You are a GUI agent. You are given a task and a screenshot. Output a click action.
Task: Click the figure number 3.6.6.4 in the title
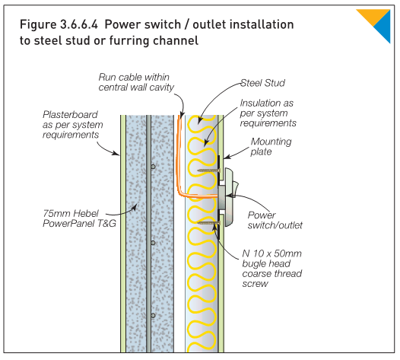click(79, 25)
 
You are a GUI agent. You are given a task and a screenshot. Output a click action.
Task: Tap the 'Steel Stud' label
click(263, 83)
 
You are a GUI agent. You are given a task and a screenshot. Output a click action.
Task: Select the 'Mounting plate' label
click(271, 147)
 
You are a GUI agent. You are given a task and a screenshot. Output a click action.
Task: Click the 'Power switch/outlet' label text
click(275, 220)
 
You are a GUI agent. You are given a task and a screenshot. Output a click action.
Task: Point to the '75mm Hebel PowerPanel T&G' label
click(79, 218)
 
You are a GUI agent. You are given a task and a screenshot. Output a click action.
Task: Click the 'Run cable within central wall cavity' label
click(136, 82)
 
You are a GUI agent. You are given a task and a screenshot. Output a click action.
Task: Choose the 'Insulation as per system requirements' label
click(268, 113)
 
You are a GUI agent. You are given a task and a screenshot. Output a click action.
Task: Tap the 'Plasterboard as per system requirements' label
click(73, 125)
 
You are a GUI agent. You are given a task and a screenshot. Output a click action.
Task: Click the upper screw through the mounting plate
click(208, 170)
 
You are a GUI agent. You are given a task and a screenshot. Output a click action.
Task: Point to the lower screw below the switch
click(208, 224)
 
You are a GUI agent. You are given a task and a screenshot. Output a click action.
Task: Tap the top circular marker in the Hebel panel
click(153, 167)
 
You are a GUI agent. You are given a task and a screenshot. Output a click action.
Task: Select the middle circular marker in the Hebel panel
click(153, 243)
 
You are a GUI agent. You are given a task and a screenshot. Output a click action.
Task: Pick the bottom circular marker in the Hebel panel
click(153, 316)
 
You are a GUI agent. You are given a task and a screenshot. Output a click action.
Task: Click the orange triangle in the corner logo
click(373, 16)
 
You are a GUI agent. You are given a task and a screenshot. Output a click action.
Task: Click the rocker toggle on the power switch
click(235, 189)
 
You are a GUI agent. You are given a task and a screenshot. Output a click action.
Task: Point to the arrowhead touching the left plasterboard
click(116, 153)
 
